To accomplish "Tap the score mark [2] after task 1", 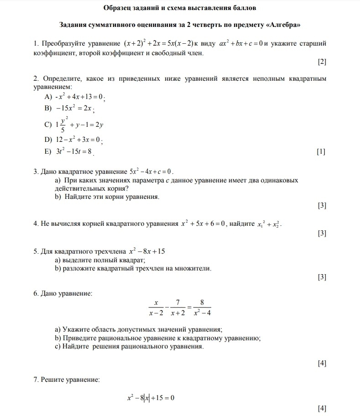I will point(322,62).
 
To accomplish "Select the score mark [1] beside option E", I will point(321,151).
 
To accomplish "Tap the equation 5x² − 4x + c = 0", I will point(151,172).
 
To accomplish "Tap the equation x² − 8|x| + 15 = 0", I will point(151,398).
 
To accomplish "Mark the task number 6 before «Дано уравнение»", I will point(36,293).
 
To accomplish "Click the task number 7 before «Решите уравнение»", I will point(36,379).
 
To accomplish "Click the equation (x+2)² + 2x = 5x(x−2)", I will point(159,44).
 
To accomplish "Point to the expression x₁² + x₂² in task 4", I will point(269,224).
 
